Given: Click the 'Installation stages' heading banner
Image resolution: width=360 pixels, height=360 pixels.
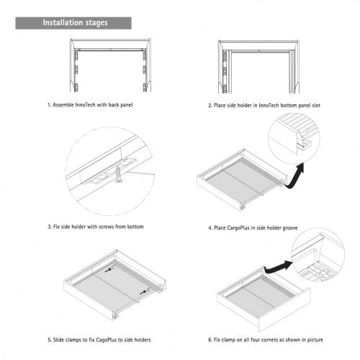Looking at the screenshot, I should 75,22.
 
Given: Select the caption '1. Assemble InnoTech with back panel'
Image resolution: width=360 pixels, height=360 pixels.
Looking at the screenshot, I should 91,105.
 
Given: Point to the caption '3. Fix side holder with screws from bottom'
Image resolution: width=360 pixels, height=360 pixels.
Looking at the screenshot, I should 96,227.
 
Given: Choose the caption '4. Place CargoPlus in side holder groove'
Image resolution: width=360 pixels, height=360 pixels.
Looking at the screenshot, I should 263,227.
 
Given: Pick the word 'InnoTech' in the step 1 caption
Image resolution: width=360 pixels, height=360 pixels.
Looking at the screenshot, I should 84,105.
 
